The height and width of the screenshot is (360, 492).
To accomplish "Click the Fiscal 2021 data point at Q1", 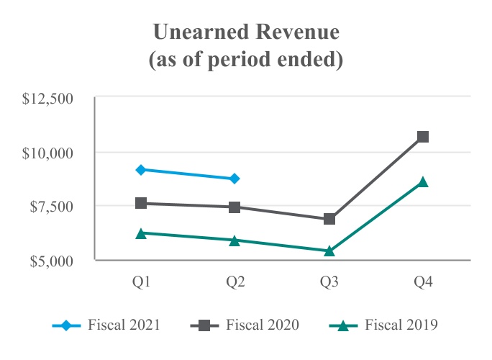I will [141, 169].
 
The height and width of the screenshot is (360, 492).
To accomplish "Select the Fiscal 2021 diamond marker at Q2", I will [235, 179].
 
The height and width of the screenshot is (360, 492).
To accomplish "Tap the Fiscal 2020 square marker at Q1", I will [141, 203].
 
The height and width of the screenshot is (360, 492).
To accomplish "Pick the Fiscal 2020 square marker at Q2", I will [235, 207].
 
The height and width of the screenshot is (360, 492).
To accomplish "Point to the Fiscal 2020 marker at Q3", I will [329, 219].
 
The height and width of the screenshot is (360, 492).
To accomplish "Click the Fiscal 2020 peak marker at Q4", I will [423, 136].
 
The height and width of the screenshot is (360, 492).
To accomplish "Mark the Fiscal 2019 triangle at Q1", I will [141, 233].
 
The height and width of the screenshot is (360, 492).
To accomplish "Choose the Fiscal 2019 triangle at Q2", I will [235, 240].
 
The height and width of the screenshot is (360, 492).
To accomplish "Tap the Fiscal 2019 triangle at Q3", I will [329, 251].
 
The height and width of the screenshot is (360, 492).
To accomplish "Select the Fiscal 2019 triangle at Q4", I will [423, 182].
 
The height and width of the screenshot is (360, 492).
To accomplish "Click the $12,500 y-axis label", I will [49, 99].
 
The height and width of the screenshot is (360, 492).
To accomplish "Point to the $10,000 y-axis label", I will [49, 153].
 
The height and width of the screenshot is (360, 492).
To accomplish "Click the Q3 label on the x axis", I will [329, 282].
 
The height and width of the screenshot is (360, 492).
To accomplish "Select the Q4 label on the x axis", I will [423, 282].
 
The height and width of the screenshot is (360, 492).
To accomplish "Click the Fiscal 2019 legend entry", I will [388, 325].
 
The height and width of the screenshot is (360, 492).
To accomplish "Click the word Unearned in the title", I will [194, 33].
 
